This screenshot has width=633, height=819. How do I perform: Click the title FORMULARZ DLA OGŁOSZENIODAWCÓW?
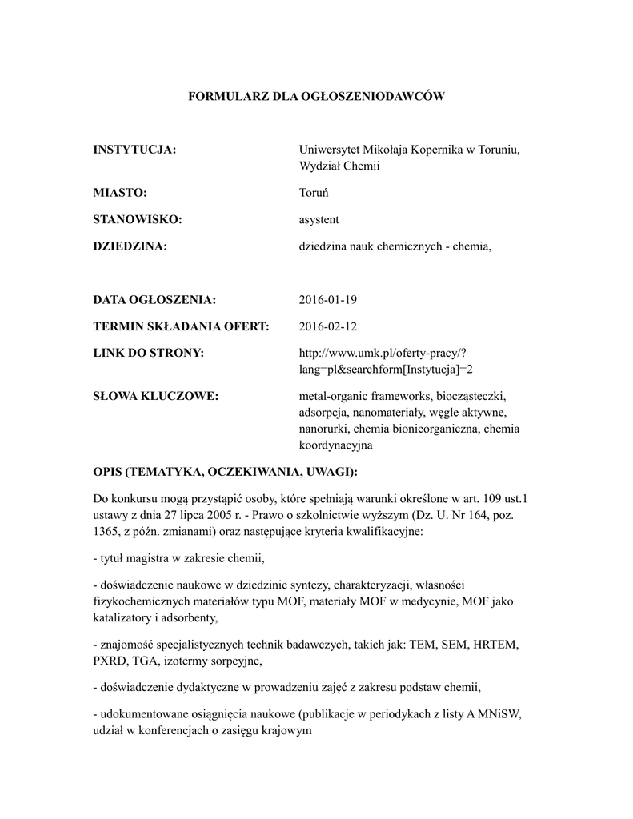click(x=315, y=96)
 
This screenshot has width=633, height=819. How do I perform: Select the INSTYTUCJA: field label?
click(x=134, y=150)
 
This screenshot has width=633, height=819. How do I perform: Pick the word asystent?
click(x=319, y=219)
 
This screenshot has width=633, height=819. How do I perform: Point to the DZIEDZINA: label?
click(x=130, y=246)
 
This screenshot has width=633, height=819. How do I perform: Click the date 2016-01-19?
click(x=328, y=300)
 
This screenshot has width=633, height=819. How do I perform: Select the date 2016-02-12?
click(x=328, y=326)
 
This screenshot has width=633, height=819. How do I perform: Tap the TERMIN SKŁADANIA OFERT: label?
click(x=181, y=326)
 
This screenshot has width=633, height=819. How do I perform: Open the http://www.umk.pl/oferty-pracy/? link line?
click(x=382, y=353)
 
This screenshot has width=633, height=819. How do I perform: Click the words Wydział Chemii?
click(x=339, y=166)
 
